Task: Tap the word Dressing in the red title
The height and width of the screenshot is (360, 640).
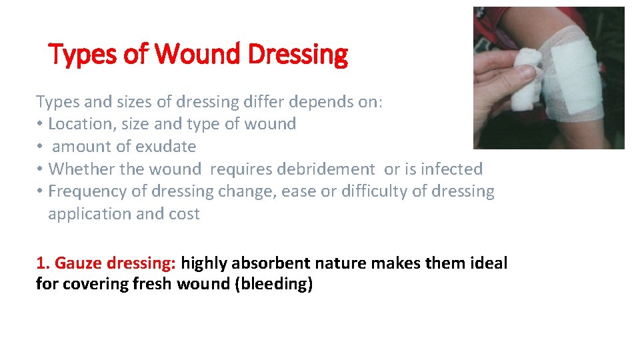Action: [297, 55]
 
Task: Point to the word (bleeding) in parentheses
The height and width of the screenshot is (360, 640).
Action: [274, 284]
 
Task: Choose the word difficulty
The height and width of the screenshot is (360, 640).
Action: [373, 192]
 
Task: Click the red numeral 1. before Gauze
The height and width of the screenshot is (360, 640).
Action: [43, 263]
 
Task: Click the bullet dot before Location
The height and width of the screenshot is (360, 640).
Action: [40, 125]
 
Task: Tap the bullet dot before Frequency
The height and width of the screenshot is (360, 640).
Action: [40, 192]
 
